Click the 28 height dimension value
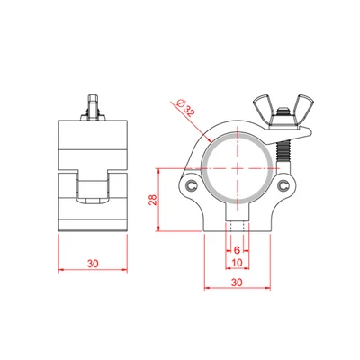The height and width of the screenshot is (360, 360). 152,203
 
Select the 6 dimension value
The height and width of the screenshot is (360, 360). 237,248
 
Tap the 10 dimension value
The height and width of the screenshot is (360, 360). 237,264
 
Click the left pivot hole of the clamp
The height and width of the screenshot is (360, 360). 191,185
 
